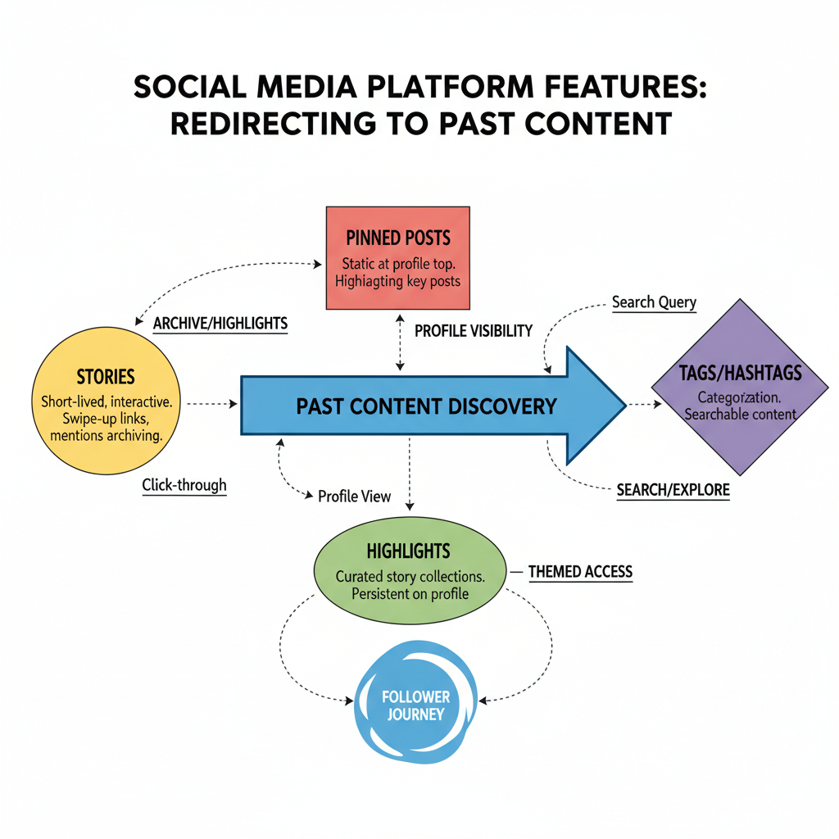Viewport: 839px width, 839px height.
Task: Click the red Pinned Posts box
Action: point(398,257)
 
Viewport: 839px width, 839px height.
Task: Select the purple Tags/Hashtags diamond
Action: point(740,387)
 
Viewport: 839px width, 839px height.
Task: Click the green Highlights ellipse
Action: point(410,565)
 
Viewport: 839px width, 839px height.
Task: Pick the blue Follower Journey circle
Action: point(416,705)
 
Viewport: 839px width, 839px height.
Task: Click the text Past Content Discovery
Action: point(426,406)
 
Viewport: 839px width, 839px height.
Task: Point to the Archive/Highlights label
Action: point(220,324)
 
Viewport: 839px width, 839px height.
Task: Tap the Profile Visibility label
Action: point(474,331)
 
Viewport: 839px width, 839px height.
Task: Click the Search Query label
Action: point(654,302)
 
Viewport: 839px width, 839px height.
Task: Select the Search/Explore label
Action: point(673,491)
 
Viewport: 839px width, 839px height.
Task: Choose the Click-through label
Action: point(184,485)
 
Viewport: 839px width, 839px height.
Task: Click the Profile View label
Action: point(354,496)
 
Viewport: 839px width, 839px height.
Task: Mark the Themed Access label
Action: point(580,571)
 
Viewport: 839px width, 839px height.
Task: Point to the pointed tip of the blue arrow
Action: point(624,405)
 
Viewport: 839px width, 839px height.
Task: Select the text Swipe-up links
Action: point(106,419)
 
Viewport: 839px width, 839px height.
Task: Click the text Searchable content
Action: point(740,414)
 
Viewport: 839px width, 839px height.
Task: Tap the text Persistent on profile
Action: point(410,593)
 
